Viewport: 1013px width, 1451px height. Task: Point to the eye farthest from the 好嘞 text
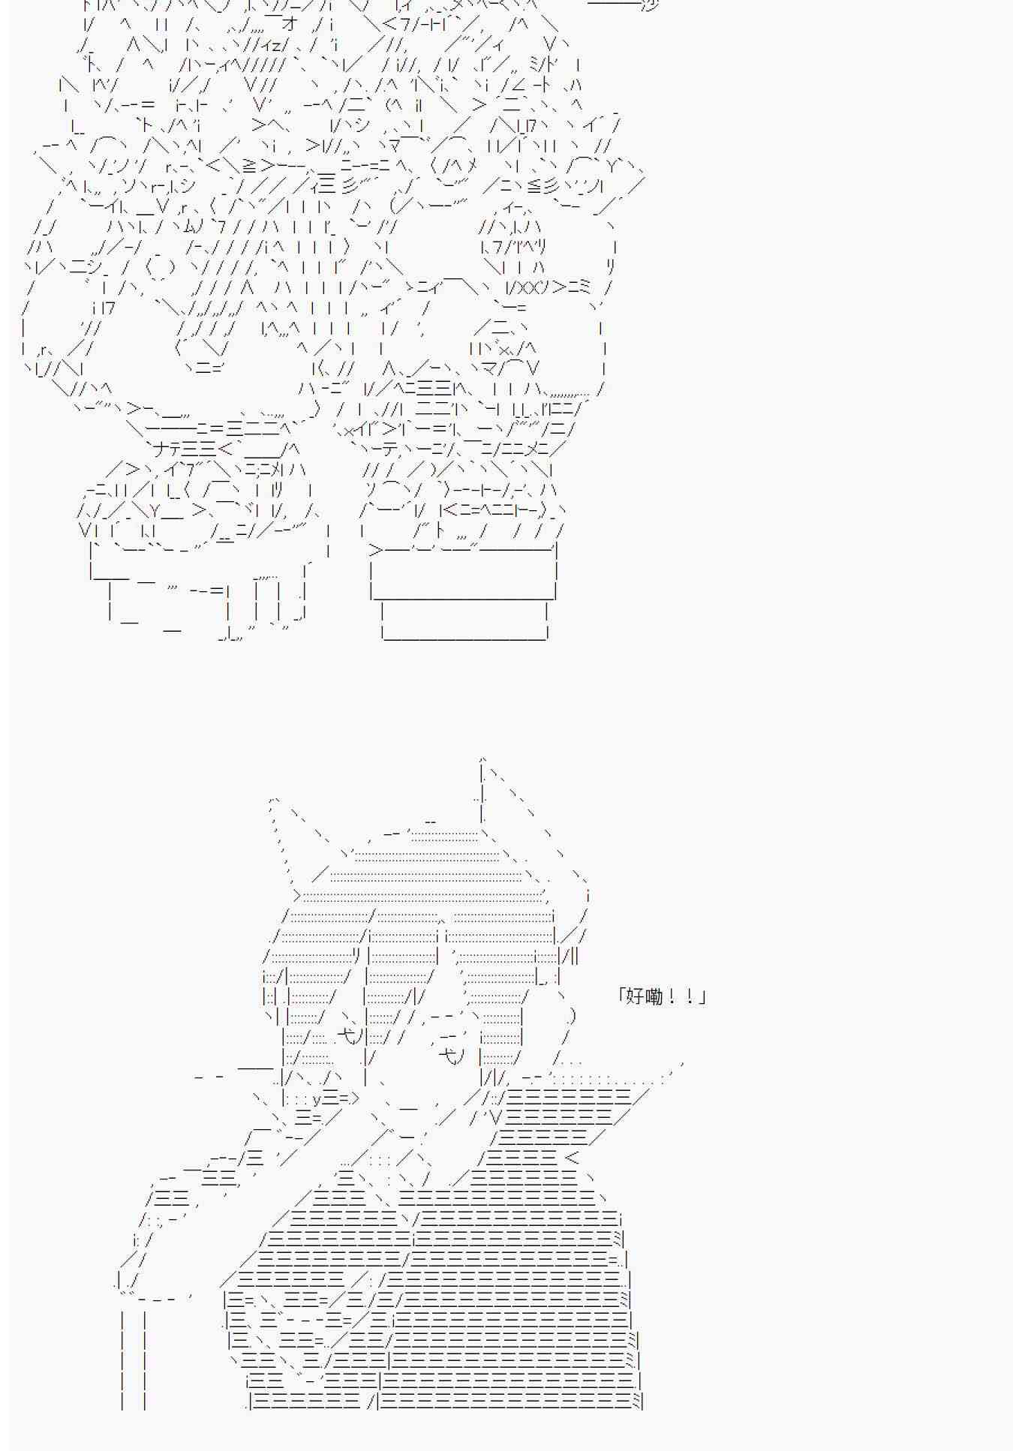pyautogui.click(x=350, y=1036)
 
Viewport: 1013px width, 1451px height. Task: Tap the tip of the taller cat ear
pyautogui.click(x=482, y=759)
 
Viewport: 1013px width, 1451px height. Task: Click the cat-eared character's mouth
pyautogui.click(x=408, y=1107)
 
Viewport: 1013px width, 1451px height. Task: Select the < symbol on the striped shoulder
pyautogui.click(x=571, y=1158)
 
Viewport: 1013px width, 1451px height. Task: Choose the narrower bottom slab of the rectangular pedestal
pyautogui.click(x=464, y=620)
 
